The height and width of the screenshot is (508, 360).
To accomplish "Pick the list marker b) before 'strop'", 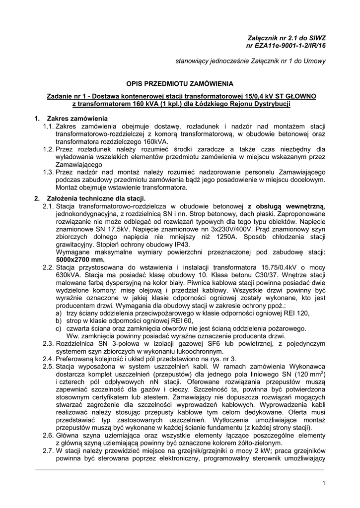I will pos(59,320).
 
